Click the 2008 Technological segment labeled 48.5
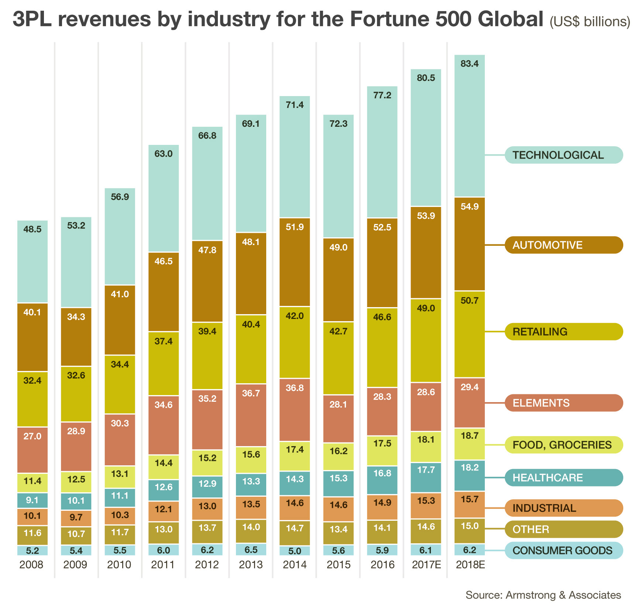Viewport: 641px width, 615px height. click(32, 261)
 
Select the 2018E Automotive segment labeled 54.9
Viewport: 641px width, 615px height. click(469, 244)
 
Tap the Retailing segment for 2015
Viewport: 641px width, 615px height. click(339, 358)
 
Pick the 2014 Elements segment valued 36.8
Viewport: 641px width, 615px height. click(295, 410)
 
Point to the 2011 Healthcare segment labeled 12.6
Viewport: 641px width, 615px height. click(164, 490)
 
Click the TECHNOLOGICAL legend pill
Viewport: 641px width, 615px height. click(563, 155)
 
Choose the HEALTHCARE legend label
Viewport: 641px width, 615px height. click(563, 478)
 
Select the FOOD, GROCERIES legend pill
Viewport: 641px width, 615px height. click(563, 445)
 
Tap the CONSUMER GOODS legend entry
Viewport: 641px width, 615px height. click(563, 551)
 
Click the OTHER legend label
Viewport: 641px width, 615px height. click(563, 529)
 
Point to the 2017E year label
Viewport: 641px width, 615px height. click(426, 565)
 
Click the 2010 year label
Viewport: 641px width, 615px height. click(119, 565)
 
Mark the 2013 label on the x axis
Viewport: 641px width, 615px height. click(251, 565)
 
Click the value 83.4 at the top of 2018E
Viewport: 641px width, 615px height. click(469, 64)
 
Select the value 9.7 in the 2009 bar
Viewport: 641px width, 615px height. click(76, 517)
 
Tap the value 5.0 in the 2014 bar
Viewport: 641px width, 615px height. click(295, 551)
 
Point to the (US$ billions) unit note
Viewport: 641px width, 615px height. click(590, 22)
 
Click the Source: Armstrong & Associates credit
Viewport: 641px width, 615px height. click(543, 595)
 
